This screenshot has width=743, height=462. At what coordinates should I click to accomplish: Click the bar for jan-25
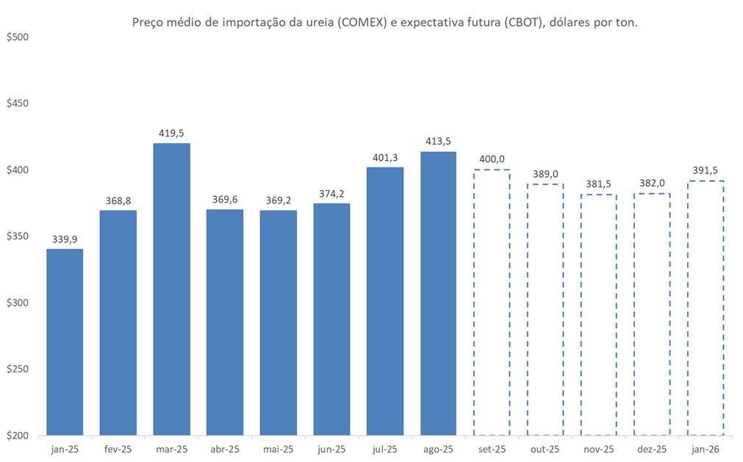(65, 342)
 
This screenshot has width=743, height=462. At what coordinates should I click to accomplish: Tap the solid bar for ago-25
(439, 293)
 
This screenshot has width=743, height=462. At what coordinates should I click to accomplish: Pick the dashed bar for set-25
(492, 302)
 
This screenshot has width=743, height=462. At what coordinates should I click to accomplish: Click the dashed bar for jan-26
(706, 308)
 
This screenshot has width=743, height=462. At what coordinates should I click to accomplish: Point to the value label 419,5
(171, 134)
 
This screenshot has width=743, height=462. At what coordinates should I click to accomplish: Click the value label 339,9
(65, 239)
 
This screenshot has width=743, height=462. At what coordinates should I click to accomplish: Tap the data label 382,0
(652, 184)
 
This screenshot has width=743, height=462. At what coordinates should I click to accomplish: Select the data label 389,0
(545, 174)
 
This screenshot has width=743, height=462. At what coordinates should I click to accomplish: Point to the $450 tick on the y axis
(17, 104)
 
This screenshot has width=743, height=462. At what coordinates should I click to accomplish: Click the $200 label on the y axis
(17, 436)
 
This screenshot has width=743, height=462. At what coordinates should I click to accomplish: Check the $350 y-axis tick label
(17, 237)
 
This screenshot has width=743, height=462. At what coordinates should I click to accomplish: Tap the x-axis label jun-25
(331, 449)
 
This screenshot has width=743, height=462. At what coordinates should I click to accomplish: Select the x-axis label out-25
(545, 449)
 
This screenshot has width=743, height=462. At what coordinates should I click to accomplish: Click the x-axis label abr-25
(225, 449)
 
